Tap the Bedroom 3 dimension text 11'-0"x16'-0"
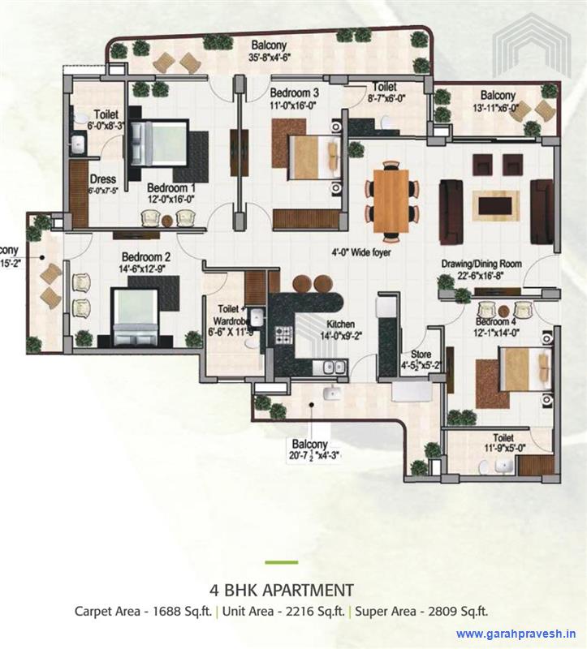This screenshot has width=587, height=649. [x=295, y=105]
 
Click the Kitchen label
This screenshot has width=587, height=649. [x=341, y=324]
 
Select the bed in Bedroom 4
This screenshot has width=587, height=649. [x=516, y=374]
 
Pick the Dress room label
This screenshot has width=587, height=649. [x=103, y=179]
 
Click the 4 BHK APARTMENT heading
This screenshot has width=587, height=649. [x=281, y=589]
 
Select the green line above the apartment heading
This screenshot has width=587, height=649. [x=281, y=562]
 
